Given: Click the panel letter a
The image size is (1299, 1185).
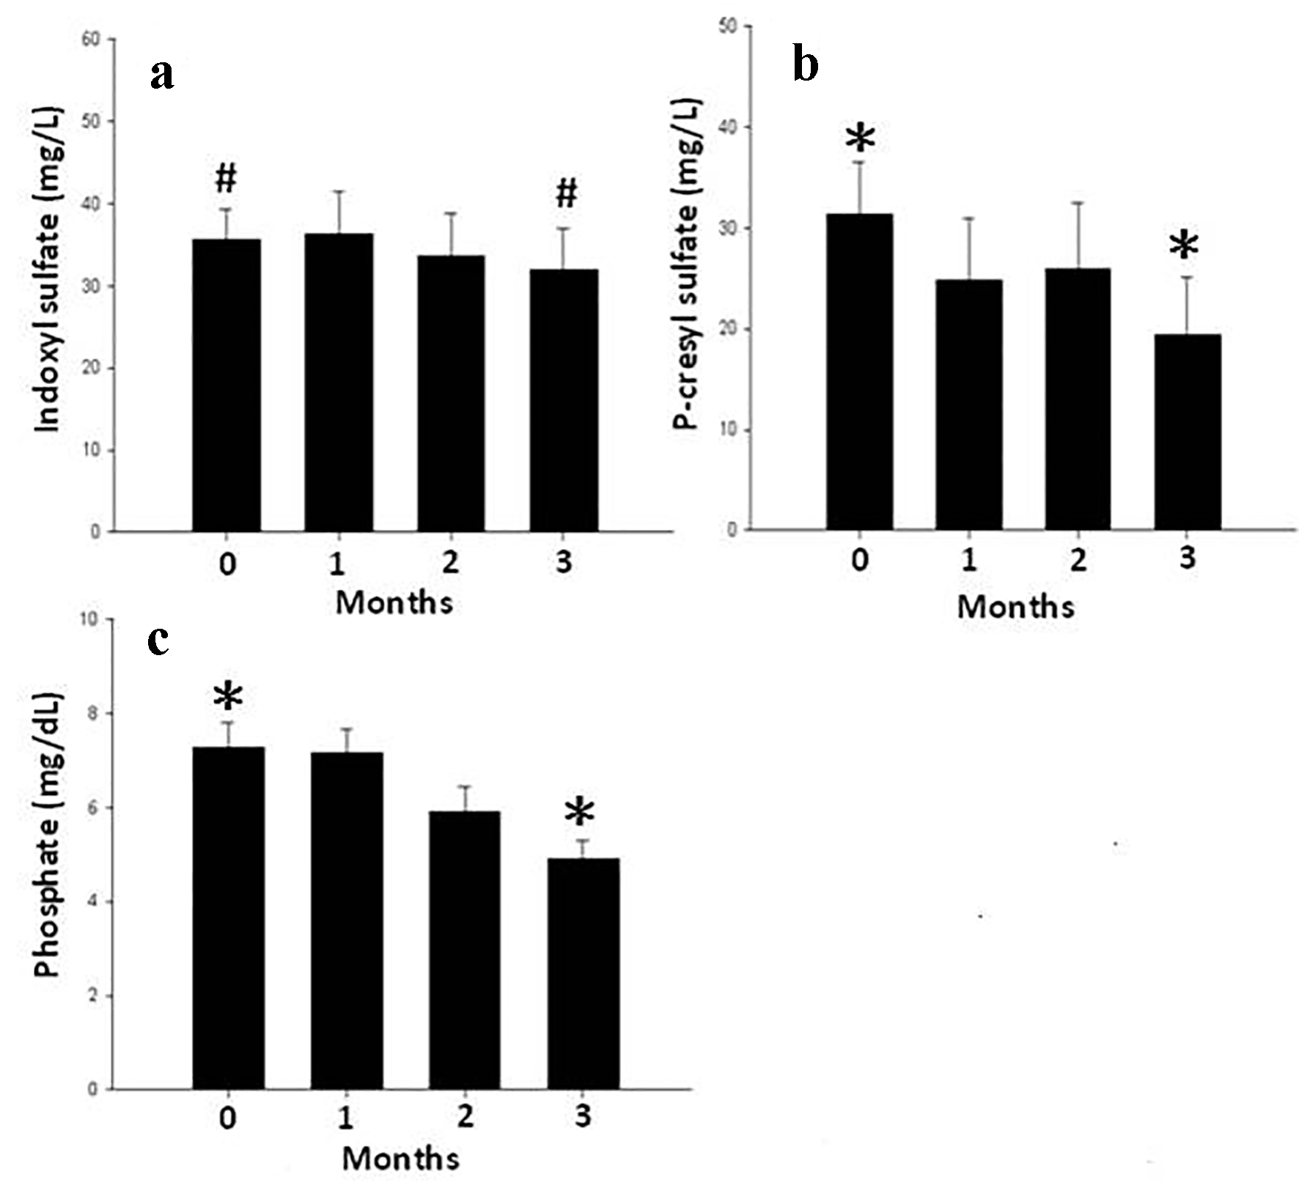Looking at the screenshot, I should pyautogui.click(x=162, y=75).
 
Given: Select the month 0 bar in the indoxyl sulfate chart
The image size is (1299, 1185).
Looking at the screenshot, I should pyautogui.click(x=227, y=385).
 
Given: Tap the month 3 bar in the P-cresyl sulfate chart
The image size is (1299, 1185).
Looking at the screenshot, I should pyautogui.click(x=1188, y=432).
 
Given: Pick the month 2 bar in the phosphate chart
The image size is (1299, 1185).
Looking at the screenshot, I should pyautogui.click(x=465, y=950).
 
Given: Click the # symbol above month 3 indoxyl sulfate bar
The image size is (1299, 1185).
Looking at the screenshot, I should pyautogui.click(x=566, y=194).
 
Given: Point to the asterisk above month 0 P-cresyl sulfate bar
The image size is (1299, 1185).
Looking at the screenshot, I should pyautogui.click(x=861, y=139).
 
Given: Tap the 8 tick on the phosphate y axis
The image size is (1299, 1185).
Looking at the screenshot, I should pyautogui.click(x=92, y=713).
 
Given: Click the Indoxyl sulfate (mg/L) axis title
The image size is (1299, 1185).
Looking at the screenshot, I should pyautogui.click(x=49, y=270).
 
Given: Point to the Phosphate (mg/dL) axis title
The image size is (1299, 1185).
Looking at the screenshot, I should pyautogui.click(x=48, y=833).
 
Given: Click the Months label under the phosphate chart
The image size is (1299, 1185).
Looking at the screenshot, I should pyautogui.click(x=400, y=1159).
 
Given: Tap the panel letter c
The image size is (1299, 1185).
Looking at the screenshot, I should pyautogui.click(x=158, y=641).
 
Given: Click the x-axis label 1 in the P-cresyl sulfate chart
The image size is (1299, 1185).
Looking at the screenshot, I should pyautogui.click(x=969, y=560).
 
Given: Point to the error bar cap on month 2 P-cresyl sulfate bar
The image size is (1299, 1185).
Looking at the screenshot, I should pyautogui.click(x=1078, y=203).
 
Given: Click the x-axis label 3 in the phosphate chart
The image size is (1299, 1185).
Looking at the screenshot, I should pyautogui.click(x=583, y=1116).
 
